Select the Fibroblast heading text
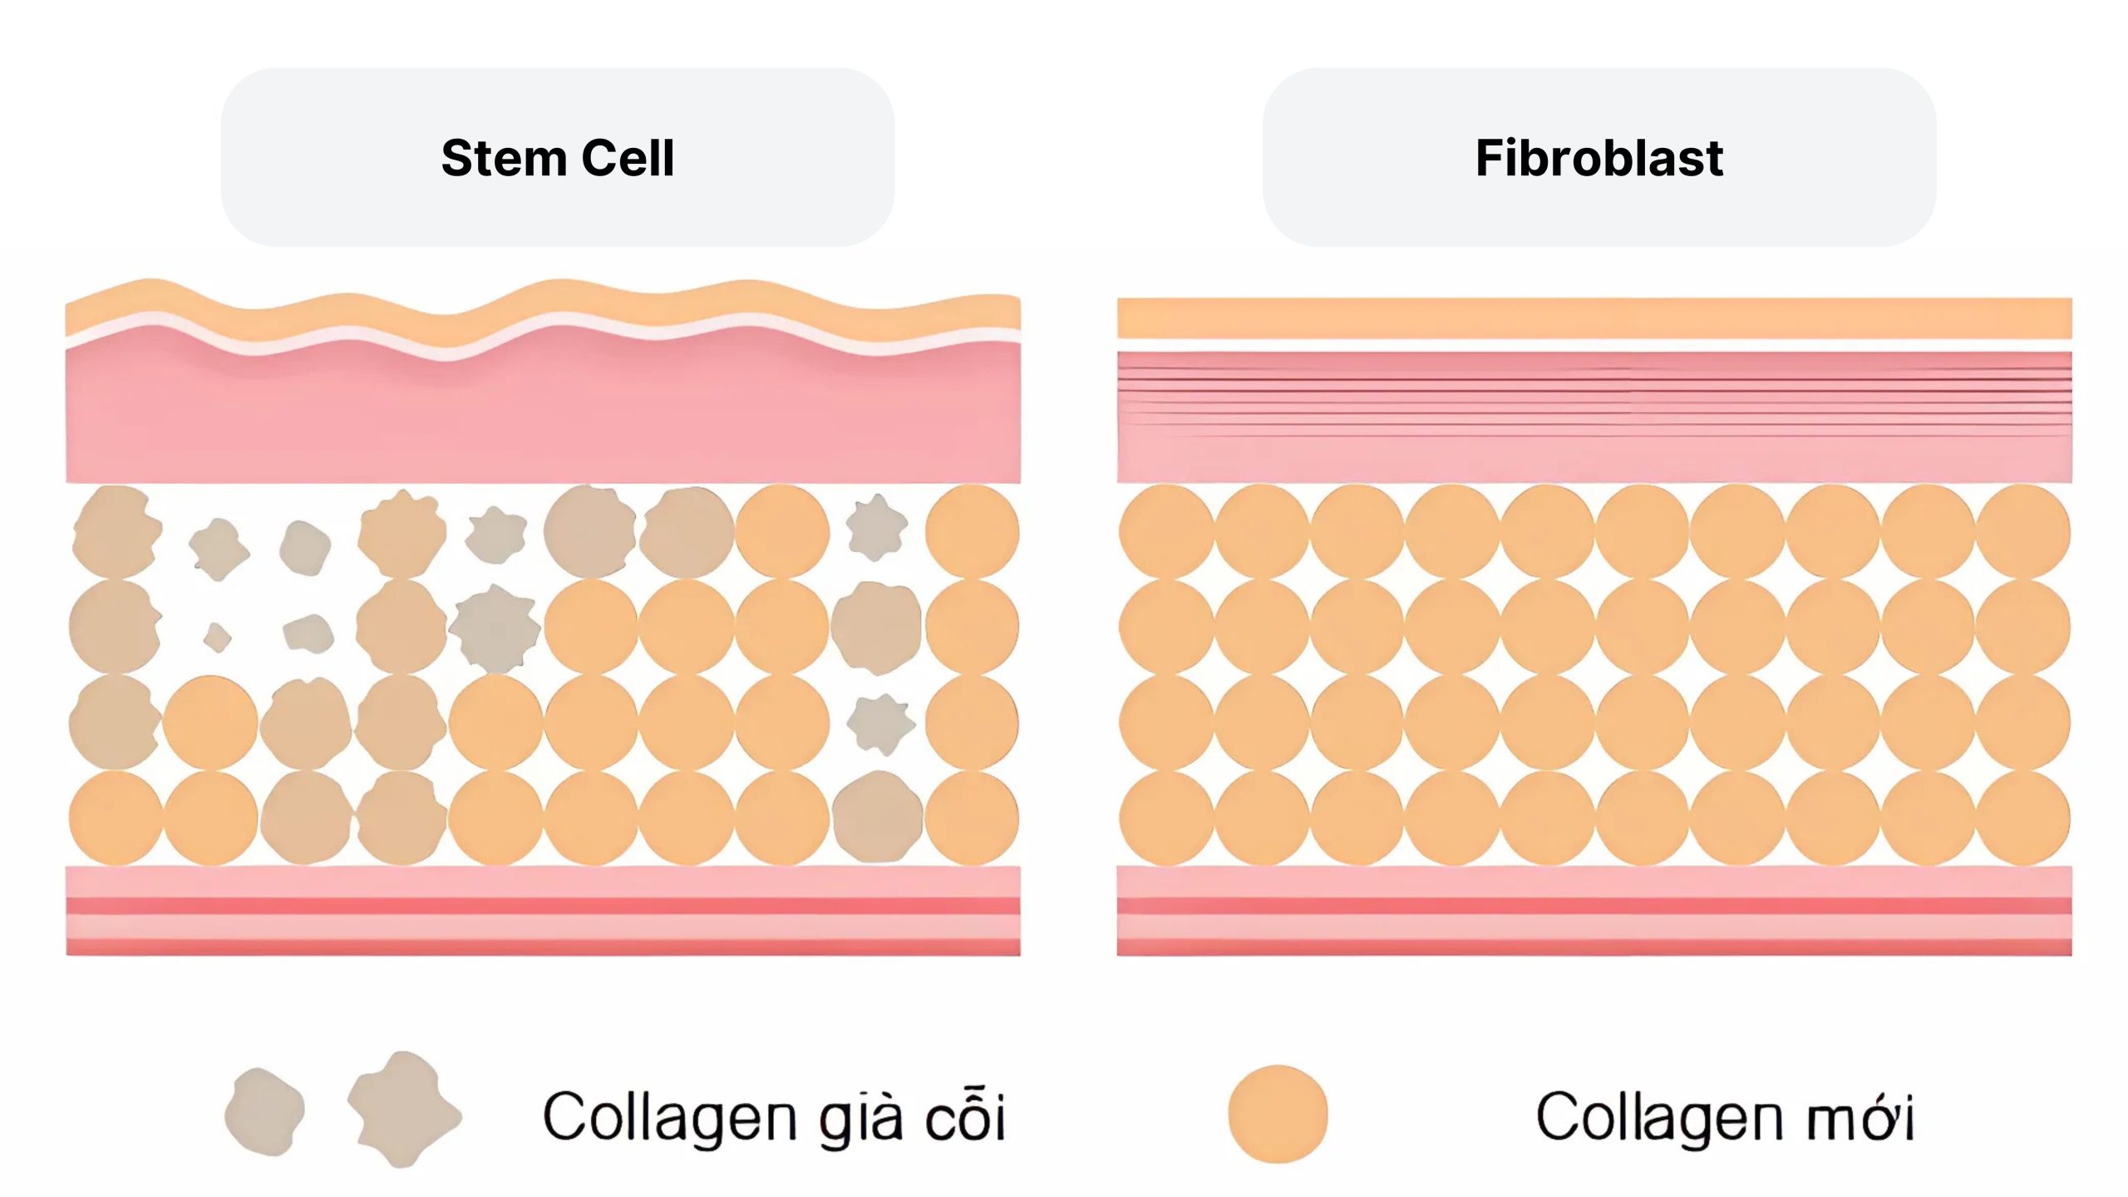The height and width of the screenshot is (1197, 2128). [1598, 158]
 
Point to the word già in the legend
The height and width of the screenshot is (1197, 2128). [861, 1118]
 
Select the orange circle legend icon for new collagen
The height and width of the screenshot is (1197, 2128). [1278, 1114]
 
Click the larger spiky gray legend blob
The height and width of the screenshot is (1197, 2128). [401, 1110]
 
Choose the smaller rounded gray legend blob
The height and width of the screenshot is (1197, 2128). [264, 1112]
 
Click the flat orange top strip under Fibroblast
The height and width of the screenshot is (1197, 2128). [1594, 318]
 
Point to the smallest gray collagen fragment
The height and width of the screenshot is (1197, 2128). [218, 638]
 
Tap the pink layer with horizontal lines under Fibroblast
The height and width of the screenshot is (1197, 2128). [1594, 416]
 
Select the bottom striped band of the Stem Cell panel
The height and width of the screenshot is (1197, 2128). [543, 911]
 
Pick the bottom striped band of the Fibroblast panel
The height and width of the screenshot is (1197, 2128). [1594, 911]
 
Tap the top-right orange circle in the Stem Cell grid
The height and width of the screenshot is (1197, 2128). [972, 532]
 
